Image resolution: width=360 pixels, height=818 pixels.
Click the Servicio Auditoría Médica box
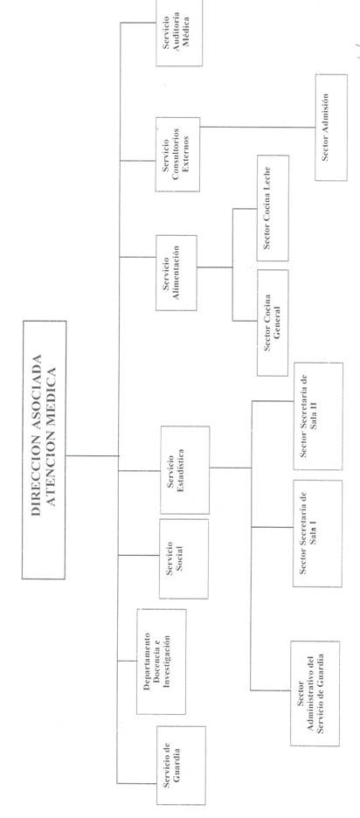[179, 32]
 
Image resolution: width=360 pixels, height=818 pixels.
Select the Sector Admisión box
[331, 128]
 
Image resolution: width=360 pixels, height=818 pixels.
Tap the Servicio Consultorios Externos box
[177, 155]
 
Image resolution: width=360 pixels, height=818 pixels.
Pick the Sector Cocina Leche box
[273, 208]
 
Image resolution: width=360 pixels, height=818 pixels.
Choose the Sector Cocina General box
[273, 322]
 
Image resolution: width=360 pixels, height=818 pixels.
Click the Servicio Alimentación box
[177, 273]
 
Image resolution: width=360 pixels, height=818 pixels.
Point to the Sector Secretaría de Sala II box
[318, 416]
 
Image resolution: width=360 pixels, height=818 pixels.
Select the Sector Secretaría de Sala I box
[317, 533]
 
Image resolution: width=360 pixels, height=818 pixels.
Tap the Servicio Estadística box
[184, 469]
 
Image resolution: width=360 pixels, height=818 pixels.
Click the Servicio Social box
[183, 558]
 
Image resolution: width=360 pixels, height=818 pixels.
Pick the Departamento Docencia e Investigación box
[162, 662]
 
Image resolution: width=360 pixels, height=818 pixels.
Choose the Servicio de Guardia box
[181, 765]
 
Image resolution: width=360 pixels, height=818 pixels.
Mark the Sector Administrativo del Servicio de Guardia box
[315, 693]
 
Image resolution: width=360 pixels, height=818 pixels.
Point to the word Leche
[267, 178]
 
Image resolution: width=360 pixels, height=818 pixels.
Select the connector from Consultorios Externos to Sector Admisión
[257, 127]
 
